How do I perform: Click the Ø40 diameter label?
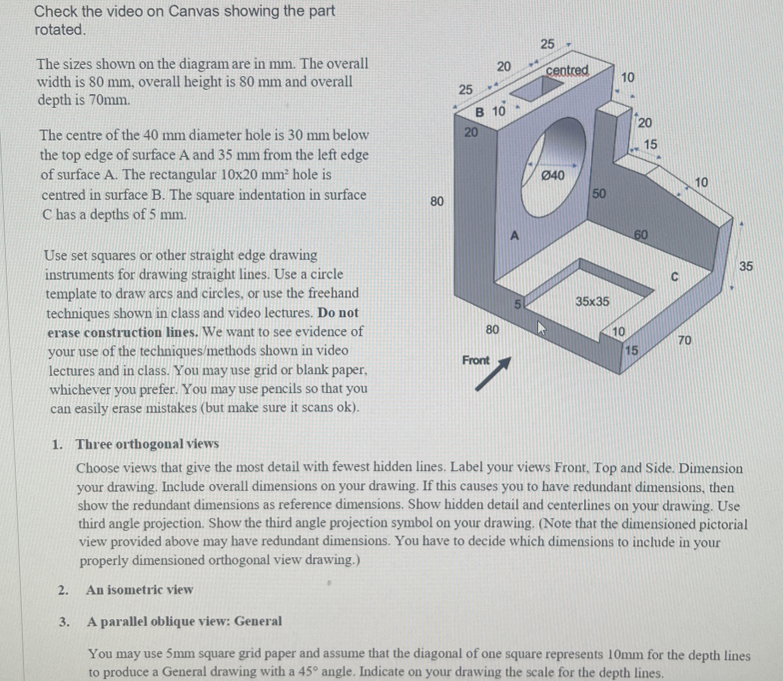tap(552, 176)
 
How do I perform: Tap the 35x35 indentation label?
tap(592, 301)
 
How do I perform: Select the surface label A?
tap(514, 236)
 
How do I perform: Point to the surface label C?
tap(674, 277)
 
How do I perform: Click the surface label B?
tap(480, 112)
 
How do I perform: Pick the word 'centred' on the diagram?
tap(567, 70)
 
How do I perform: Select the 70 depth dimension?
tap(685, 340)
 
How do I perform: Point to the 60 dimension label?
tap(641, 235)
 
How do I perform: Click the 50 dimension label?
tap(599, 194)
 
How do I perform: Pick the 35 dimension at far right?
tap(746, 266)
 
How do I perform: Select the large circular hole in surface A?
tap(553, 167)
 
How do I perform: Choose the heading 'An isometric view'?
tap(139, 589)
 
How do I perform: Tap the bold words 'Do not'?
tap(338, 312)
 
